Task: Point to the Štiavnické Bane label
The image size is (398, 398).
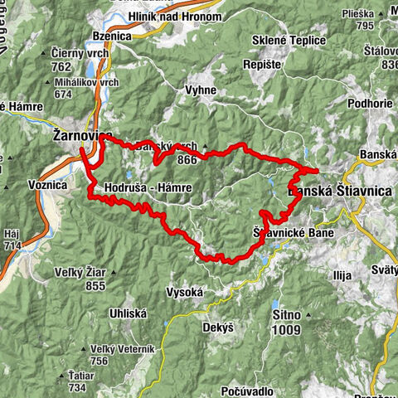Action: coord(289,235)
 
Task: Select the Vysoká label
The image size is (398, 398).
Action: coord(185,292)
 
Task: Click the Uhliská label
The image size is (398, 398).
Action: coord(129,313)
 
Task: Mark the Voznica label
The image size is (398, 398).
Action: coord(46,186)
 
